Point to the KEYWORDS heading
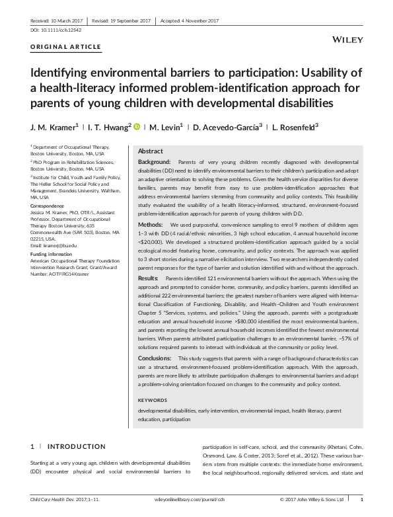[153, 401]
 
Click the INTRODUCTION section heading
[77, 447]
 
